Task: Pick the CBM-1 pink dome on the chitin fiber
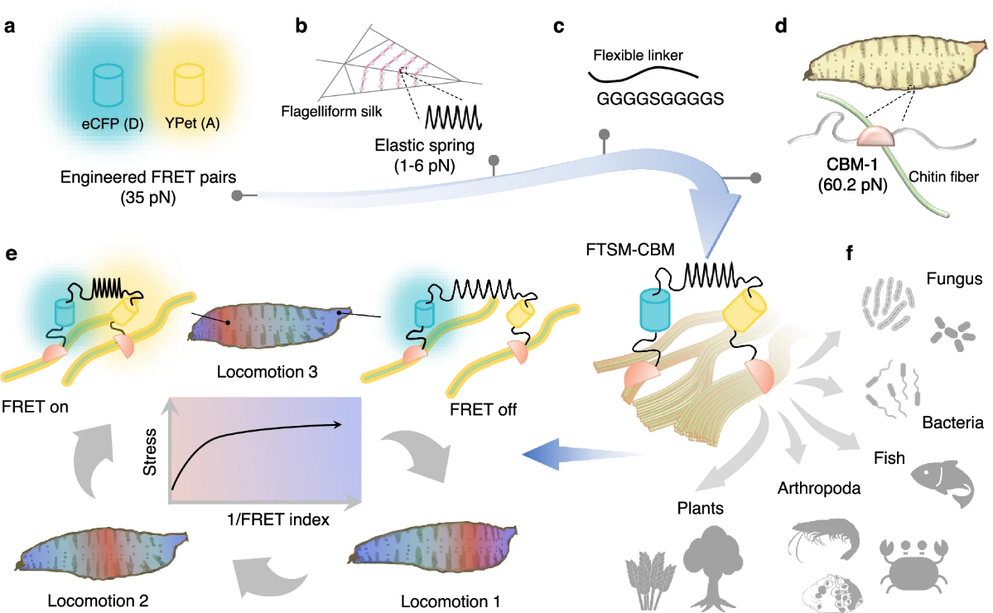(877, 136)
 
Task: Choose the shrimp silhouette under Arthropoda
(821, 539)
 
